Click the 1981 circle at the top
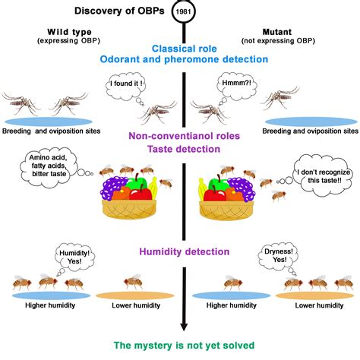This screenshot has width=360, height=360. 183,12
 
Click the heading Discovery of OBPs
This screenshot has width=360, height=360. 123,11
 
